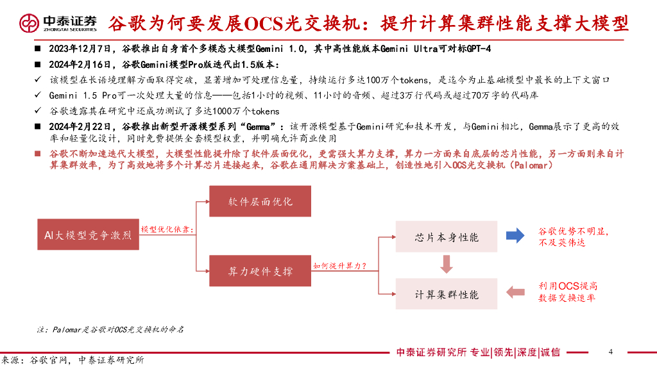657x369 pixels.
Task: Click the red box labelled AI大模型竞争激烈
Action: point(87,235)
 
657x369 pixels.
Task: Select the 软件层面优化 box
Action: point(260,201)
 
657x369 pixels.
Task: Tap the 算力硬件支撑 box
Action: point(260,271)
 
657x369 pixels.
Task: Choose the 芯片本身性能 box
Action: point(447,237)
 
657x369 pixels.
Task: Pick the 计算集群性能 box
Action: point(447,295)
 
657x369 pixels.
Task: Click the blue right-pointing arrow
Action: point(515,236)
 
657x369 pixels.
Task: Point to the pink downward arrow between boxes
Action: point(447,263)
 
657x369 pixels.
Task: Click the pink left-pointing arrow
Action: point(515,292)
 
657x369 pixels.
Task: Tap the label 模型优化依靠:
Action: point(167,229)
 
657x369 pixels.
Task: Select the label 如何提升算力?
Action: point(339,265)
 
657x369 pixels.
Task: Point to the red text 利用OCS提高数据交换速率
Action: point(568,292)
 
